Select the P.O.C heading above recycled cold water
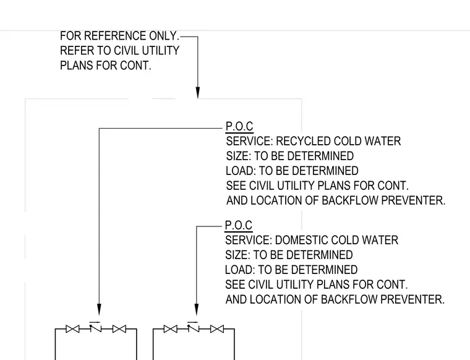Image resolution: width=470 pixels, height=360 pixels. (x=239, y=126)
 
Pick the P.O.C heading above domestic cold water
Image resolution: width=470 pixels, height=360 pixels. (x=239, y=225)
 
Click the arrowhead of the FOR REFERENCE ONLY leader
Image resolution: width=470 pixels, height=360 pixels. (x=198, y=93)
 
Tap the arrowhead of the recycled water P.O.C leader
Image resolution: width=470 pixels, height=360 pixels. (x=99, y=309)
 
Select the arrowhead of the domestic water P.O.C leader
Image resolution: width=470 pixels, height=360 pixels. (x=197, y=309)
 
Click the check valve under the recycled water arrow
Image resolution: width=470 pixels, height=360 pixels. (x=96, y=327)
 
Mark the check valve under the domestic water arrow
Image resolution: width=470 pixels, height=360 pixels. (x=193, y=327)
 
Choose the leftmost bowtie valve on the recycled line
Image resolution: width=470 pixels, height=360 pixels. (x=72, y=329)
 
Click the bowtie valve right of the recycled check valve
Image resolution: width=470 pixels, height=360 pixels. (x=119, y=329)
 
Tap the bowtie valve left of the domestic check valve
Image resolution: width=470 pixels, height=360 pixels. (x=171, y=329)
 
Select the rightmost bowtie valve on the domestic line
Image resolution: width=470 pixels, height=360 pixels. (x=217, y=329)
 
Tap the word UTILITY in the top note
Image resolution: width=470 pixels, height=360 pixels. (x=160, y=51)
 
